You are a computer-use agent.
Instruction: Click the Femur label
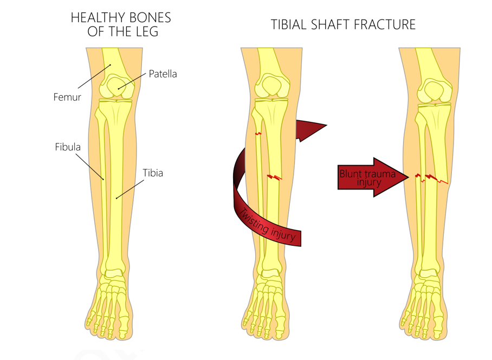click(67, 97)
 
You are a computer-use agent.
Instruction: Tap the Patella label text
click(163, 74)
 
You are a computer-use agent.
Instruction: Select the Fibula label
click(68, 147)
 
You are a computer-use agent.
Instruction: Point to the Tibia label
click(153, 173)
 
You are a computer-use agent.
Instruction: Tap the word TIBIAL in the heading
click(289, 25)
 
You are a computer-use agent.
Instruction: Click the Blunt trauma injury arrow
click(373, 178)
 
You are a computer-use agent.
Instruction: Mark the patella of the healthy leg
click(118, 86)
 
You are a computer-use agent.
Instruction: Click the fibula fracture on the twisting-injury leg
click(258, 134)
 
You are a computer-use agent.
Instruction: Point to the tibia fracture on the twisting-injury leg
click(275, 178)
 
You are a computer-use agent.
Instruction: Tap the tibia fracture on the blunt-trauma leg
click(436, 179)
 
